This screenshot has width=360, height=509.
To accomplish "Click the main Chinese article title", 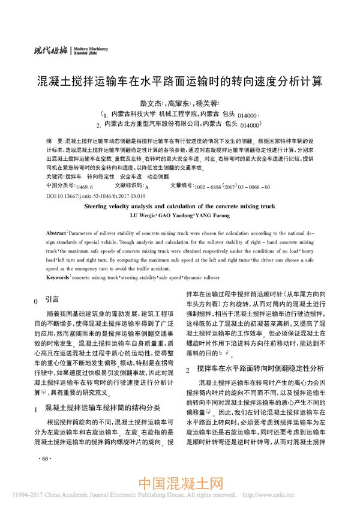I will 179,80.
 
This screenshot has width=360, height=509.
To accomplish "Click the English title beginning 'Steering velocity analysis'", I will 179,205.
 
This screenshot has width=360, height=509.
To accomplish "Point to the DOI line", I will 96,196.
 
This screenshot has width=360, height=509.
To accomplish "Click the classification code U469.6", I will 85,187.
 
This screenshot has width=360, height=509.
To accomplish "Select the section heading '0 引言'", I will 47,299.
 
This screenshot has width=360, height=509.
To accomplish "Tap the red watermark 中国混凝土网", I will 181,484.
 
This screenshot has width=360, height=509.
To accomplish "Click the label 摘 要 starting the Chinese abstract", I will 53,138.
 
